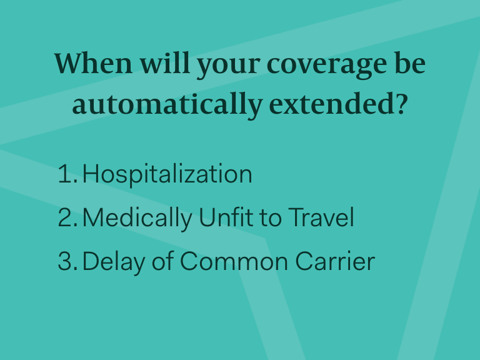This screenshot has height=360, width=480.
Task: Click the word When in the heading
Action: (93, 63)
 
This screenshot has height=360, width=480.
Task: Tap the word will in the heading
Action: (165, 62)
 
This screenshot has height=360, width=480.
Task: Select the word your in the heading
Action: (228, 66)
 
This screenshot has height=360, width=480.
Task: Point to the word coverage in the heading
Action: (327, 66)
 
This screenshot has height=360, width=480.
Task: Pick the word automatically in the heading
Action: (167, 105)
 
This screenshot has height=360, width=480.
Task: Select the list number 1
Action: (68, 174)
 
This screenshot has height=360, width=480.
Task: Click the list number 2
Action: (68, 217)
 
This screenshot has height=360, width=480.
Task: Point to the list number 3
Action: (68, 261)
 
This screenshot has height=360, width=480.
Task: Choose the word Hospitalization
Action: (167, 175)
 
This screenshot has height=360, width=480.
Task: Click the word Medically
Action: (137, 219)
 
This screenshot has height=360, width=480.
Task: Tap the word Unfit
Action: (226, 217)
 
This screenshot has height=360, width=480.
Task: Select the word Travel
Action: (321, 217)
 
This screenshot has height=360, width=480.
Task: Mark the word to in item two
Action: (270, 217)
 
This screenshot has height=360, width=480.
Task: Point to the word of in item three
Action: (163, 260)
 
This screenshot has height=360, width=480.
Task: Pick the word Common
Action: (234, 261)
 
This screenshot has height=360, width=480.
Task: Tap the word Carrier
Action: (335, 261)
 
